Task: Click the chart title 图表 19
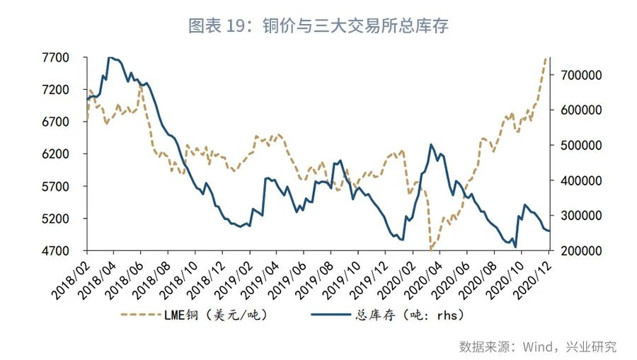318,26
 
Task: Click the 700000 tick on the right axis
582,75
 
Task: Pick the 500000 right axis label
582,145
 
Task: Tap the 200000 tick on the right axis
582,251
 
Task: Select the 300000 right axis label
582,216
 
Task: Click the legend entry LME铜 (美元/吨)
195,314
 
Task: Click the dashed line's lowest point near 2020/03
430,250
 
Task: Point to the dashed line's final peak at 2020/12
544,59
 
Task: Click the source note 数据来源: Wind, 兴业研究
537,347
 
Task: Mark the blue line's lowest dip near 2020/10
515,247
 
